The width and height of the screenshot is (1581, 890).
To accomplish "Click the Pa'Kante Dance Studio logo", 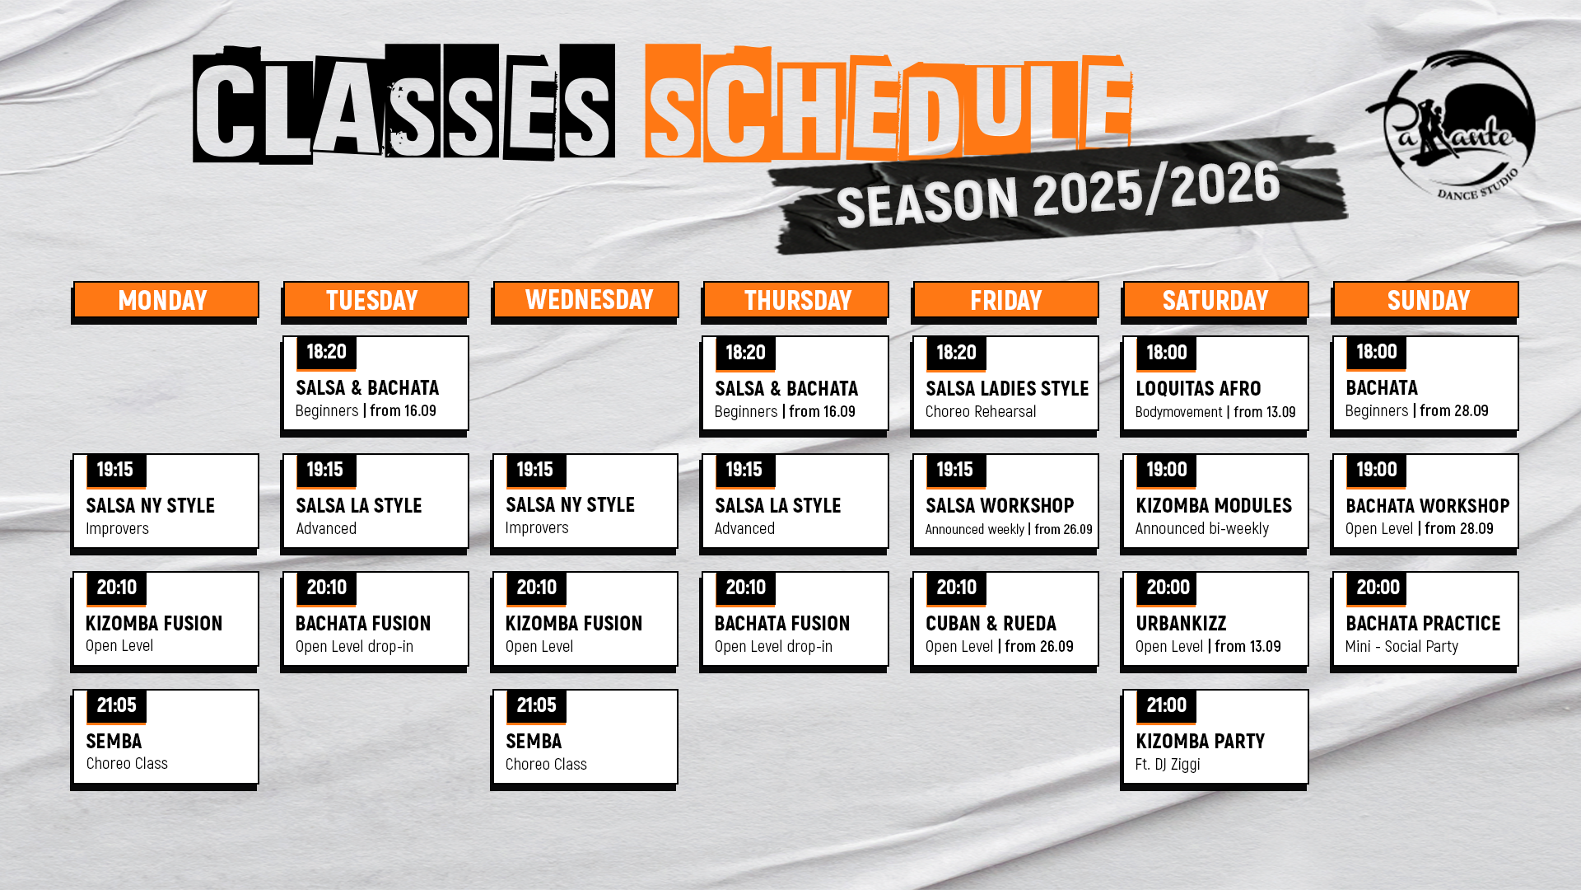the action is pos(1450,124).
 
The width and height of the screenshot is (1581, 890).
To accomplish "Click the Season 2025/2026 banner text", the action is pos(1058,195).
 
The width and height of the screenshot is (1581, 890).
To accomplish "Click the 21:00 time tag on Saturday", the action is pos(1167,705).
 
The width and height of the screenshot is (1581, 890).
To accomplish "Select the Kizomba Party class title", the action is pos(1200,742).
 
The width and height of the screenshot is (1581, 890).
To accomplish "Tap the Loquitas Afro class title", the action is pos(1198,389).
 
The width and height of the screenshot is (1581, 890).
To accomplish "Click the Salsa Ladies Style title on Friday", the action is pos(1007,389).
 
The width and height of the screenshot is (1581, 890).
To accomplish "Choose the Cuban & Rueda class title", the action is pos(991,624).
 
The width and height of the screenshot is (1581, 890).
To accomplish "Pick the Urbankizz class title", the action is pos(1181,624).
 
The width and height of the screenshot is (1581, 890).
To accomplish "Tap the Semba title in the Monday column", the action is pos(114,742).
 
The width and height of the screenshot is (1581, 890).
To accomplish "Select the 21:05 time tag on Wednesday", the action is pos(536,705).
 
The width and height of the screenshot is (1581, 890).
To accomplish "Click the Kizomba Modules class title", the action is pos(1214,506).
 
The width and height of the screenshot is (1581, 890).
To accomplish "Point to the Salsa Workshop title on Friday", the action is pos(1000,506).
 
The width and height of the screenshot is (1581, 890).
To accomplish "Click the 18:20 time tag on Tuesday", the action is pos(326,352).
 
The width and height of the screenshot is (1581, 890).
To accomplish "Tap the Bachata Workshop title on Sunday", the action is pos(1428,506).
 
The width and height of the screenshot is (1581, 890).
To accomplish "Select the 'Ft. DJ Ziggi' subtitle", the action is pos(1168,765).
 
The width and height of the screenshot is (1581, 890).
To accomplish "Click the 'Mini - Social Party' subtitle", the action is pos(1401,647).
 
